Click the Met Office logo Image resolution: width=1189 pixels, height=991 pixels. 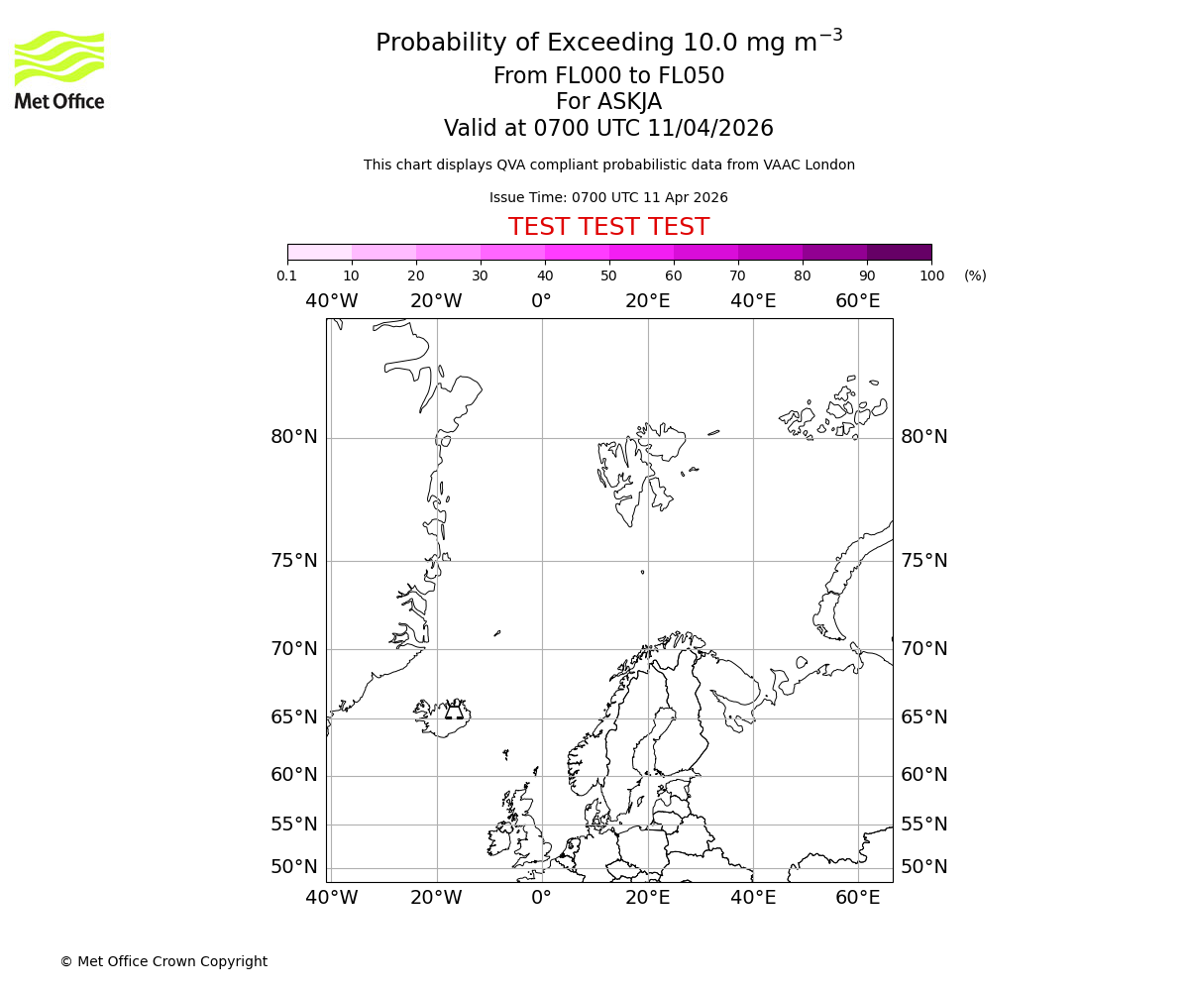click(x=59, y=69)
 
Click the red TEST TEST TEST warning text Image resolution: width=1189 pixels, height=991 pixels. click(x=608, y=227)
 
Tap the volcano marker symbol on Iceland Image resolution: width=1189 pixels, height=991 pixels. click(x=454, y=711)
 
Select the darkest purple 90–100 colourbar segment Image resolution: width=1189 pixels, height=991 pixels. click(x=899, y=252)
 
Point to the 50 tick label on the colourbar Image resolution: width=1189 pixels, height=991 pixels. click(x=608, y=275)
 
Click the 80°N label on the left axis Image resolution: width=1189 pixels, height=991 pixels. click(x=294, y=437)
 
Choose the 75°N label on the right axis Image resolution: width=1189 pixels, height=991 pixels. click(x=923, y=561)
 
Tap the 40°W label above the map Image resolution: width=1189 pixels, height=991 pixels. click(x=331, y=301)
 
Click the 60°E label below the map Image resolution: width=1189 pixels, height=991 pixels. click(x=857, y=898)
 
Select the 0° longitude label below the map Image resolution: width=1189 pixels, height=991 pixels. click(x=541, y=898)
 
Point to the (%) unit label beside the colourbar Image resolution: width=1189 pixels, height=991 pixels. click(x=975, y=275)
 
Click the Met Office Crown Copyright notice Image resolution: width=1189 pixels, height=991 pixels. click(x=163, y=961)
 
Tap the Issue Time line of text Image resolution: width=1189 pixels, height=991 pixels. click(x=608, y=197)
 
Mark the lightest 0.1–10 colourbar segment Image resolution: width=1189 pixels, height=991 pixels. click(x=319, y=252)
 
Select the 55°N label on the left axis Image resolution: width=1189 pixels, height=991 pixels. click(x=294, y=825)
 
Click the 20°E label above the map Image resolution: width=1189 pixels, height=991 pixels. click(x=647, y=301)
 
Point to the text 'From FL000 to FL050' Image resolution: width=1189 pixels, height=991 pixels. click(x=608, y=76)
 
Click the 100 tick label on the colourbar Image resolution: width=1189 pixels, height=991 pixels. click(x=931, y=275)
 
